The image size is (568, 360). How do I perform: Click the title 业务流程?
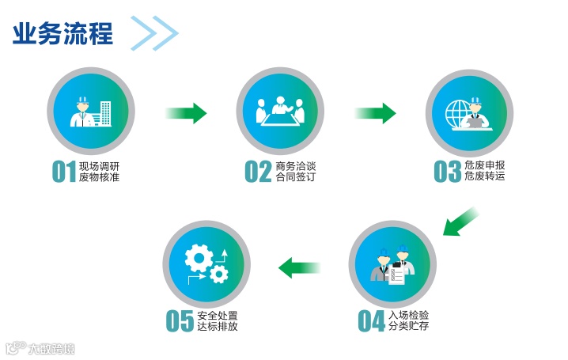pos(62,33)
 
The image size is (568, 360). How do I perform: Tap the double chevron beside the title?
pos(155,33)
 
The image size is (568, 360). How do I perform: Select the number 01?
pos(63,172)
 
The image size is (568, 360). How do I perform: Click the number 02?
pos(258,172)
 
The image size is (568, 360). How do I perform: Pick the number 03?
pos(447,172)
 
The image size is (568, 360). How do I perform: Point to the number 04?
pos(371,320)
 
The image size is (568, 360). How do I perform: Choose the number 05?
pos(180,320)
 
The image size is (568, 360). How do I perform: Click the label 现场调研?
pos(99,165)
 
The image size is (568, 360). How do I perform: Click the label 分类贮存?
pos(409,326)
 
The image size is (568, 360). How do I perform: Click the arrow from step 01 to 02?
pos(185,114)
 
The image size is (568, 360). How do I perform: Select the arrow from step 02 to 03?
pos(375,114)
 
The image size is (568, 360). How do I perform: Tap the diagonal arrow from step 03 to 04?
pos(460,221)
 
